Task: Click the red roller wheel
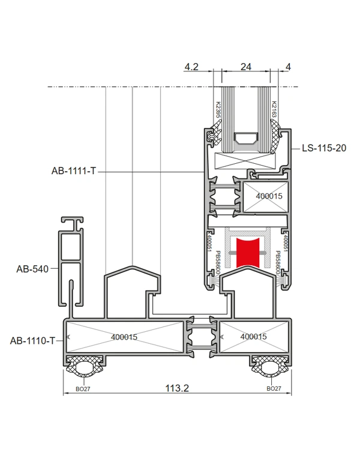(x=248, y=253)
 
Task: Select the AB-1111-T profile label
(x=73, y=171)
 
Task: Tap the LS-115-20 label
(x=324, y=148)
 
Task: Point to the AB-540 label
(x=32, y=269)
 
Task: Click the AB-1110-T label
(x=32, y=341)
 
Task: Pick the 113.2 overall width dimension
(x=177, y=388)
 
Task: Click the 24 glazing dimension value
(x=246, y=67)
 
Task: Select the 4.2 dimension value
(x=191, y=67)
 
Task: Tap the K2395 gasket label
(x=218, y=110)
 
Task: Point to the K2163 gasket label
(x=274, y=109)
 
